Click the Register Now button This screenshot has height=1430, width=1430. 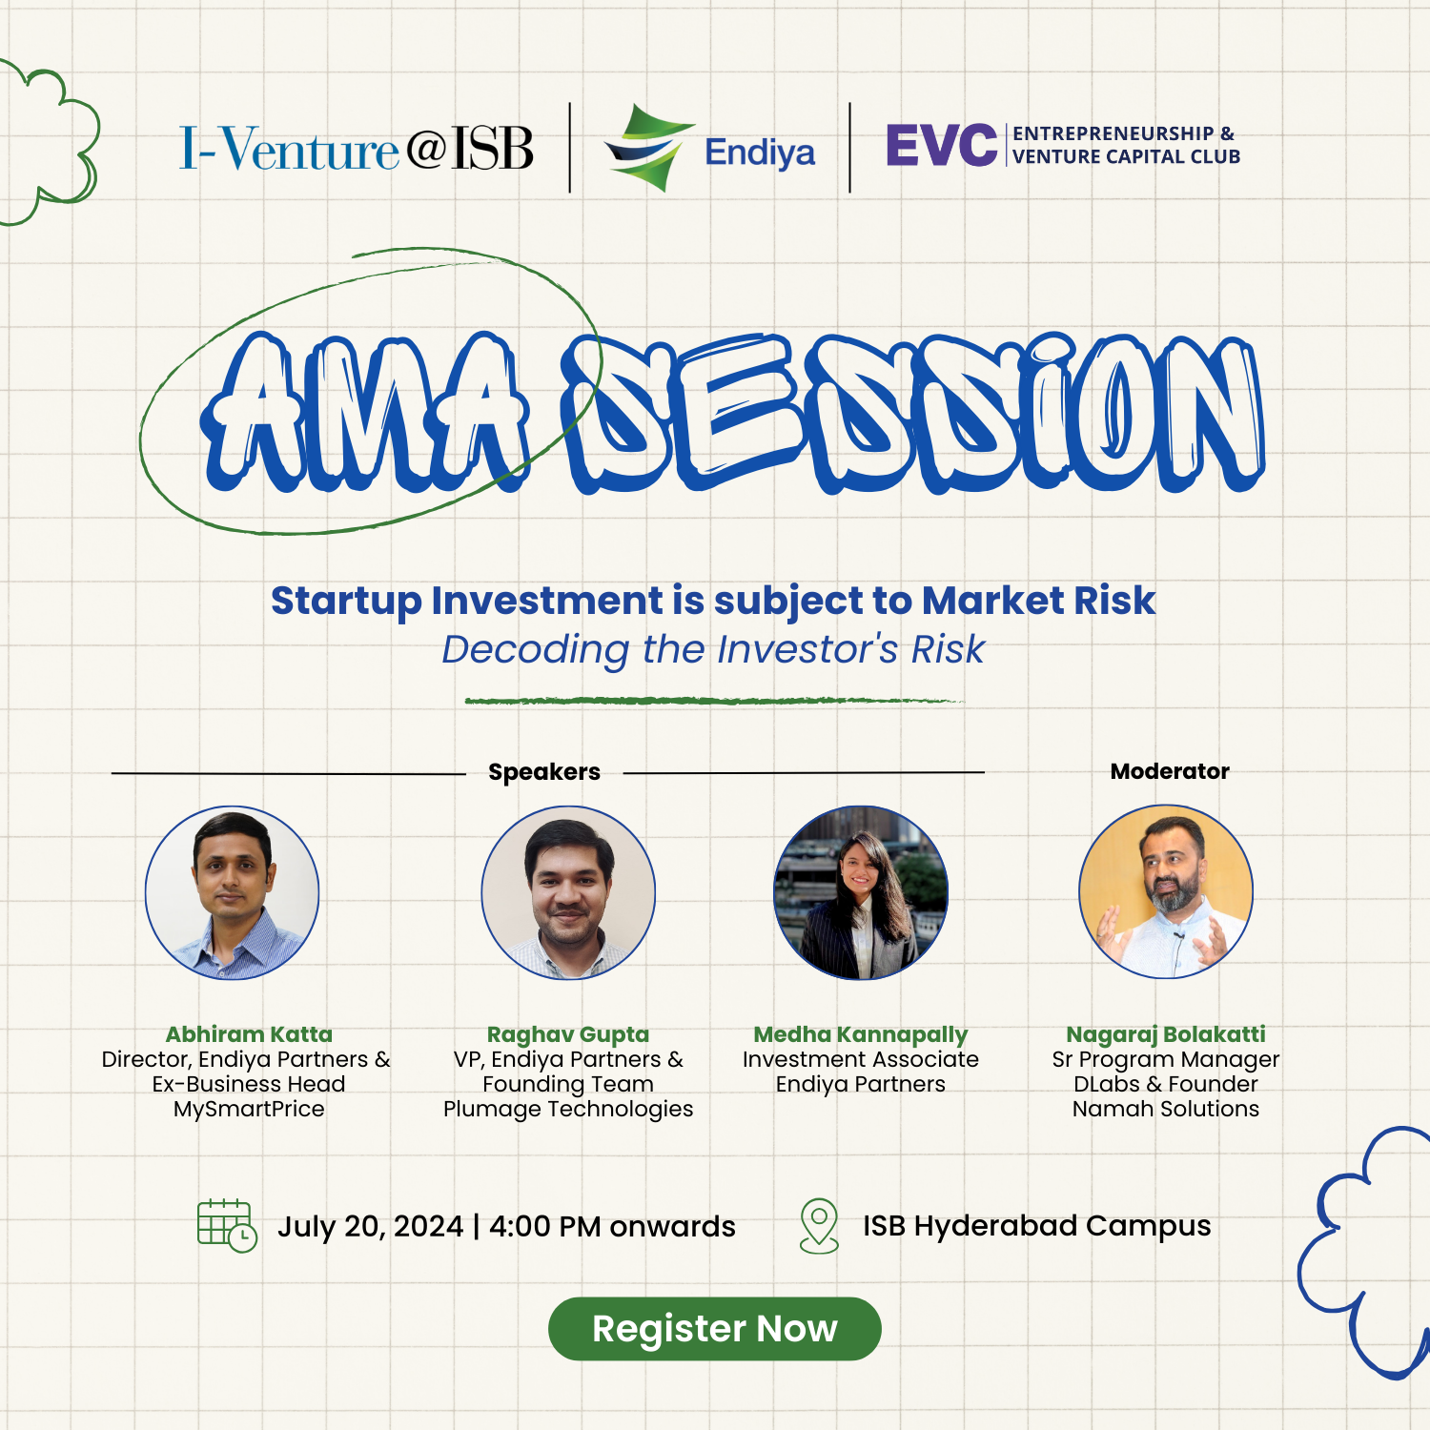point(714,1328)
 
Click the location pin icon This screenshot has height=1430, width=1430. point(819,1226)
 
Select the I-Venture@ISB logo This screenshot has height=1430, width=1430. point(357,149)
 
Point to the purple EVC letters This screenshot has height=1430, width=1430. point(941,145)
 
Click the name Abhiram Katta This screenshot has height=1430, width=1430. point(249,1034)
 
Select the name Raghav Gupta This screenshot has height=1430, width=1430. point(568,1035)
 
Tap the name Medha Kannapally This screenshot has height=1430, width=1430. point(860,1035)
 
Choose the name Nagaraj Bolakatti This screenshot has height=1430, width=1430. point(1166,1035)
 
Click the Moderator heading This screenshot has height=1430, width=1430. point(1170,771)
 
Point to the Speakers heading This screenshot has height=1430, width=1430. point(544,772)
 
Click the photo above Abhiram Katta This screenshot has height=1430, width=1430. point(232,892)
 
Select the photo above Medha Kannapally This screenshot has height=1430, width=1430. point(861,892)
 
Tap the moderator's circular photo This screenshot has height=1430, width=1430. point(1166,891)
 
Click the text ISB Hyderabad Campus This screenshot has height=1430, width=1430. point(1036,1226)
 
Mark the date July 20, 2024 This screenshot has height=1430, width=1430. point(370,1226)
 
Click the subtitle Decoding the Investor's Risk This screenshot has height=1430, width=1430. point(713,649)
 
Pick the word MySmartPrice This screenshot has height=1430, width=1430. point(249,1110)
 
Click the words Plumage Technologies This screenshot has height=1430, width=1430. point(568,1110)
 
